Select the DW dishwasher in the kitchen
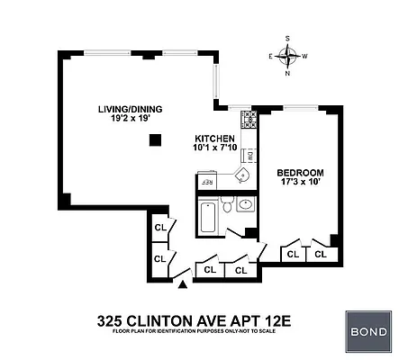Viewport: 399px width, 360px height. (x=250, y=155)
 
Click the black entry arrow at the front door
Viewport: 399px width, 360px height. (x=184, y=285)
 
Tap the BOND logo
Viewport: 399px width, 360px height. (x=368, y=331)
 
